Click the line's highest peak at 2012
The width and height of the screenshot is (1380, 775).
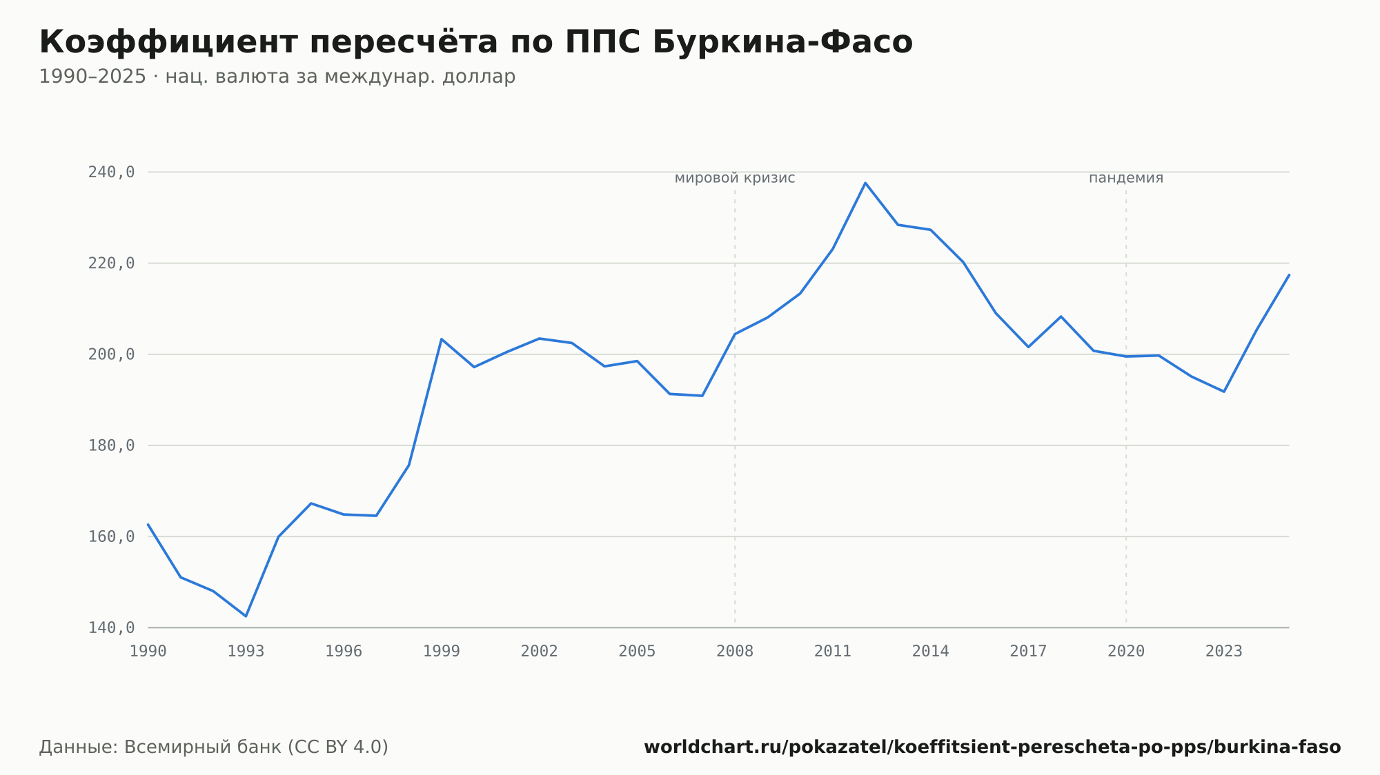tap(865, 183)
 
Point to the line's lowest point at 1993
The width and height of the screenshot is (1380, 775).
tap(246, 616)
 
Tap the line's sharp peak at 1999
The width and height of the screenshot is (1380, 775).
tap(441, 339)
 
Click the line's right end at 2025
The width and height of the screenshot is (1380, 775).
tap(1289, 274)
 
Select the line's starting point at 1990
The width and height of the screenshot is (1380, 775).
tap(148, 524)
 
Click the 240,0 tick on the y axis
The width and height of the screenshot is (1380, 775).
tap(111, 172)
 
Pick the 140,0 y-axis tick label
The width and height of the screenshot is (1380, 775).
tap(111, 627)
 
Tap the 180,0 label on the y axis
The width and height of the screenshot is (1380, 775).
tap(111, 445)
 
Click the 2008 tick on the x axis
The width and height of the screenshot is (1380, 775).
tap(735, 651)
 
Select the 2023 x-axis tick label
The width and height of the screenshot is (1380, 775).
tap(1224, 651)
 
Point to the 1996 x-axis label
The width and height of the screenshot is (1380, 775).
tap(344, 651)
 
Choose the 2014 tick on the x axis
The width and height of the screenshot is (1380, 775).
tap(931, 651)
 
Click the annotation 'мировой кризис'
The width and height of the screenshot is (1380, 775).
tap(735, 178)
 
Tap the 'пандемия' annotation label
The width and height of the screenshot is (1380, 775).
tap(1126, 178)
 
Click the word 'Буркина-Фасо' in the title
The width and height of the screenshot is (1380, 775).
tap(782, 42)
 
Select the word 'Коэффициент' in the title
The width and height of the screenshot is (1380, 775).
tap(173, 42)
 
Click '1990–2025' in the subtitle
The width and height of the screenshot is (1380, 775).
tap(92, 77)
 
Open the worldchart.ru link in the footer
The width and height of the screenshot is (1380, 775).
tap(992, 747)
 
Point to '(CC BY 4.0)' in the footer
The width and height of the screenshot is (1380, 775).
tap(337, 747)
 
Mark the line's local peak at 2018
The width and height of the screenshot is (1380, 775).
tap(1061, 316)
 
